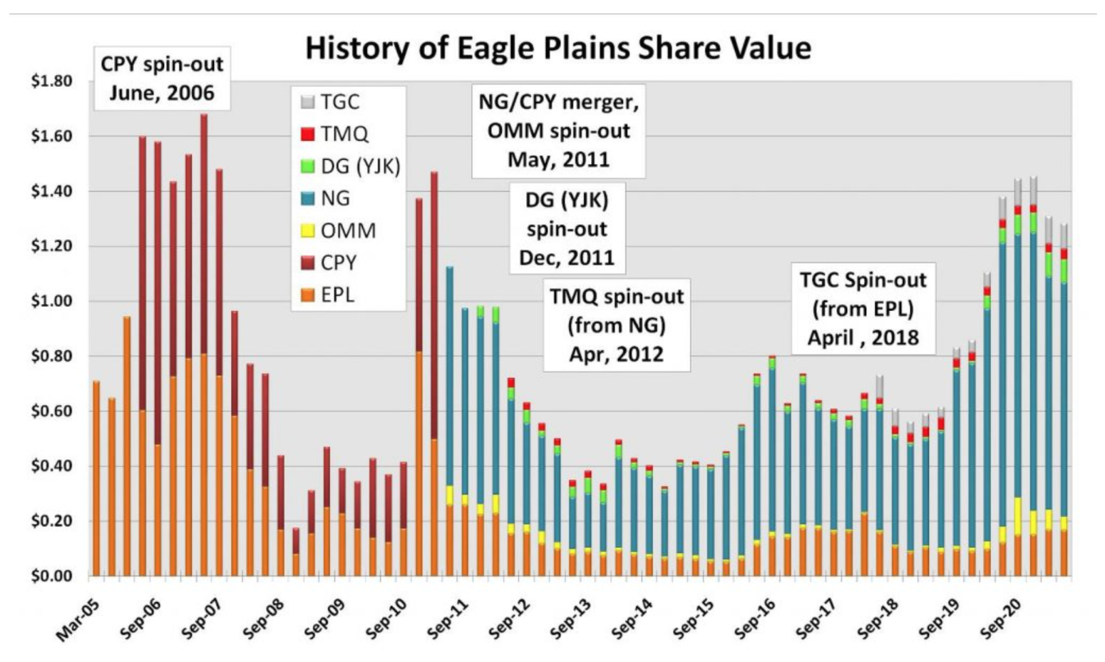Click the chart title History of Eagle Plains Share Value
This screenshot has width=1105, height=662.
tap(558, 49)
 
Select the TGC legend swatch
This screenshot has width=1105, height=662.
tap(308, 102)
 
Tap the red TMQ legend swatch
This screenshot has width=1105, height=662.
tap(308, 134)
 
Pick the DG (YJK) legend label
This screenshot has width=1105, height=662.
tap(361, 167)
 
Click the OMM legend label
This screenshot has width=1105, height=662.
tap(349, 231)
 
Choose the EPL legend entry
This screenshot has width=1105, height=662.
tap(328, 295)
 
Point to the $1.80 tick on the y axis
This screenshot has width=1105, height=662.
tap(52, 81)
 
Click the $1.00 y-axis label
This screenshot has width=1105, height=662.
tap(52, 300)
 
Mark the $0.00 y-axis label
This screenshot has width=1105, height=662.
tap(52, 576)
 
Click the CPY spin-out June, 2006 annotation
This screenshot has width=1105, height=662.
tap(163, 78)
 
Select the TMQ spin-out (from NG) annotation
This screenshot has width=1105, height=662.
tap(617, 325)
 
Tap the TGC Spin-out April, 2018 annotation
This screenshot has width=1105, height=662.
tap(863, 309)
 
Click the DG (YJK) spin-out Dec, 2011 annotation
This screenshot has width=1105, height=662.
tap(567, 228)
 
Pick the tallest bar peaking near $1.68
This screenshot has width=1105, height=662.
tap(204, 345)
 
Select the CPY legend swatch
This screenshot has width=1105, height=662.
tap(308, 263)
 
